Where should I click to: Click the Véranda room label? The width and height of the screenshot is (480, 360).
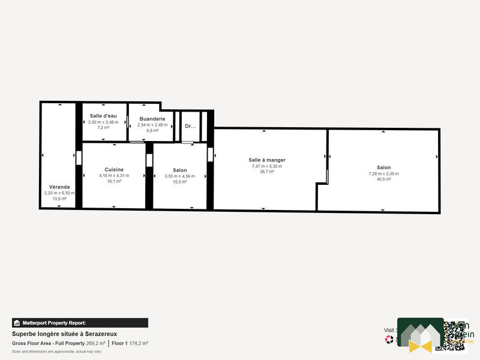point(59,187)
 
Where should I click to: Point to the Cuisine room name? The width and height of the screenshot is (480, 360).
point(114,170)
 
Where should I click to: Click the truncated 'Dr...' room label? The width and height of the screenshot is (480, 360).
point(190,127)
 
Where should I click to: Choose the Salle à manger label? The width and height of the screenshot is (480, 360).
point(267,160)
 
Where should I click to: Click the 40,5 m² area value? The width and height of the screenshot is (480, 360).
point(383,179)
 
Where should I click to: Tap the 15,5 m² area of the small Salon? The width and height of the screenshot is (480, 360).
point(179,182)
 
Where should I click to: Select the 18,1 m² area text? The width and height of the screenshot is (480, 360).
point(114,181)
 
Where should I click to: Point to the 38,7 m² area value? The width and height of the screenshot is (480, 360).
point(267,172)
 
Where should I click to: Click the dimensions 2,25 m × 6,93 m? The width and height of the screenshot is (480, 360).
point(59,193)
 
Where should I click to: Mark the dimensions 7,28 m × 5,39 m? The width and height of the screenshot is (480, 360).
point(383,173)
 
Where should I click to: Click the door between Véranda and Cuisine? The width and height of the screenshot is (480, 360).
point(79,157)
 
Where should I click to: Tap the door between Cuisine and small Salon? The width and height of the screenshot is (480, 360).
point(149,160)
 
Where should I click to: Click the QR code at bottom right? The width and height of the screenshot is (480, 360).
point(455,335)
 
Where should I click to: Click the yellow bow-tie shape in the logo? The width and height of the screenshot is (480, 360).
point(420,345)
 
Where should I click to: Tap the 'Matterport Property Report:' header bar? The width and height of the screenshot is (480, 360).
point(80,323)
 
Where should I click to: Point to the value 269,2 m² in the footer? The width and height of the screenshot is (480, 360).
point(96,343)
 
